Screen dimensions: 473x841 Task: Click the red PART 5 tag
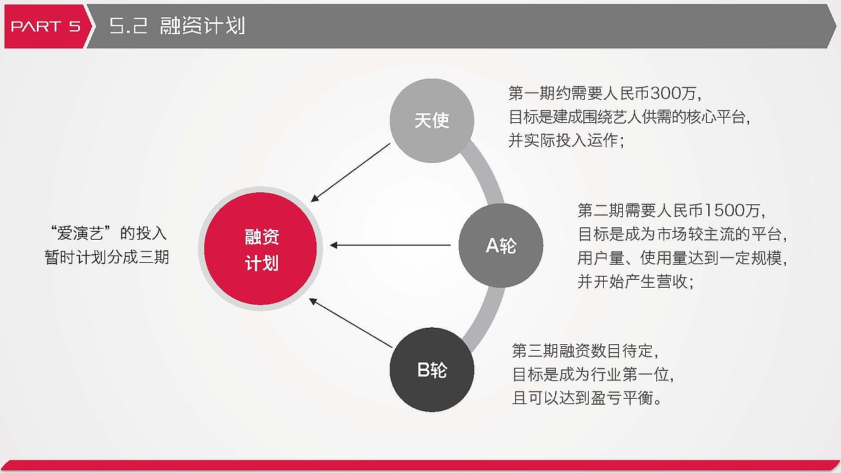(x=45, y=26)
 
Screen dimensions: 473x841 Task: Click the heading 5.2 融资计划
(x=177, y=26)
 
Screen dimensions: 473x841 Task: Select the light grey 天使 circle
(x=432, y=121)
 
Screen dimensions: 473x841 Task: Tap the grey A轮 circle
(x=501, y=246)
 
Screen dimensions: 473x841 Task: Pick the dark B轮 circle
(x=432, y=370)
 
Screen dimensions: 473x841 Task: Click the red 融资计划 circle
(x=261, y=250)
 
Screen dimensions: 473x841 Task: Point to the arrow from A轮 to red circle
(x=390, y=246)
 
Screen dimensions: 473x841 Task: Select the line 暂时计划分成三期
(x=107, y=257)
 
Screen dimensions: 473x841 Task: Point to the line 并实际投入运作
(x=566, y=141)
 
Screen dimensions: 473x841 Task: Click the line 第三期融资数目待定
(x=585, y=351)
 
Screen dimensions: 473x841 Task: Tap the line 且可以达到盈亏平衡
(x=587, y=398)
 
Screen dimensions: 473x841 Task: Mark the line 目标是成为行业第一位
(x=593, y=374)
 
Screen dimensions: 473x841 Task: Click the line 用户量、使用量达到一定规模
(x=682, y=258)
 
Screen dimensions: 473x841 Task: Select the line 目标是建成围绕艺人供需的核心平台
(x=629, y=117)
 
